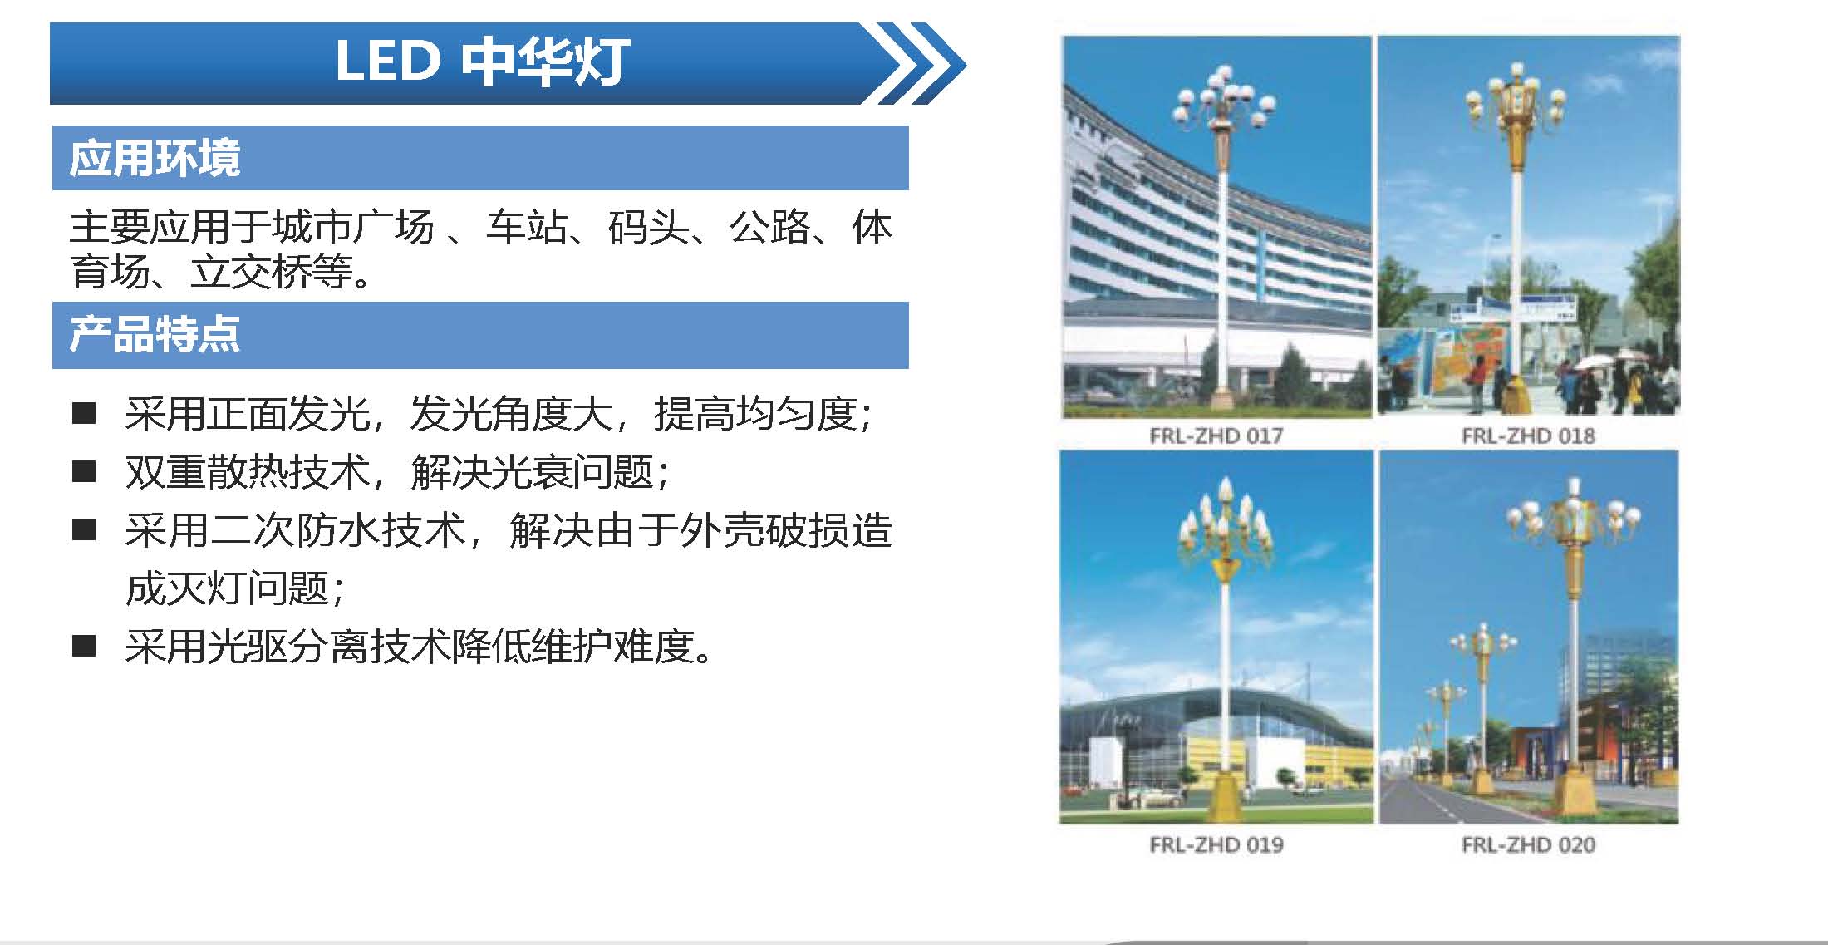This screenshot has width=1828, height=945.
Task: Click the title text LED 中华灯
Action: coord(481,62)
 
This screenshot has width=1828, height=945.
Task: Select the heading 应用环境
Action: coord(155,158)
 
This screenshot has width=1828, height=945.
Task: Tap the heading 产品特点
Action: coord(155,335)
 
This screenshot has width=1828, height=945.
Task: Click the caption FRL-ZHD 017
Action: coord(1216,436)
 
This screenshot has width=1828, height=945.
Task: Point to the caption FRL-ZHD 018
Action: coord(1528,436)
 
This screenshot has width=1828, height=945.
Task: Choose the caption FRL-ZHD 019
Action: coord(1216,844)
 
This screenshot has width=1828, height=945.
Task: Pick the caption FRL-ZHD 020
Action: coord(1528,844)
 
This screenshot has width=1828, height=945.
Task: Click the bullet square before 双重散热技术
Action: coord(84,471)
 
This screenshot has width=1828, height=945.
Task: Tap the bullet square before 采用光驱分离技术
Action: coord(84,646)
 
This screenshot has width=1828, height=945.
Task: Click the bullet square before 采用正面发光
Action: coord(84,413)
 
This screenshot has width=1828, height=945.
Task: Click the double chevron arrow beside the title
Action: coord(914,64)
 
